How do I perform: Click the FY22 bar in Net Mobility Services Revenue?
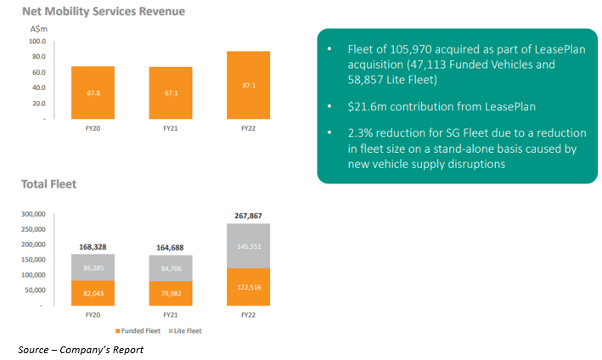coord(248,86)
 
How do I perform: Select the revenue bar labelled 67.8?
coord(93,93)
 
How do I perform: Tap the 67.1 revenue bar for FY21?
coord(171,93)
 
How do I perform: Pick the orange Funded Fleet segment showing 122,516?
coord(248,287)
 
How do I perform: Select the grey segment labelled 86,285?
coord(93,267)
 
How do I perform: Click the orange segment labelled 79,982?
coord(171,294)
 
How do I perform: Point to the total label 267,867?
coord(248,216)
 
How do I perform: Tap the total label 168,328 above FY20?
coord(93,247)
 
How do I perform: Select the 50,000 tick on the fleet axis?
coord(36,290)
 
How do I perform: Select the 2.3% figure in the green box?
coord(364,134)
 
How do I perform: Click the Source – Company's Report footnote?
coord(81,349)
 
